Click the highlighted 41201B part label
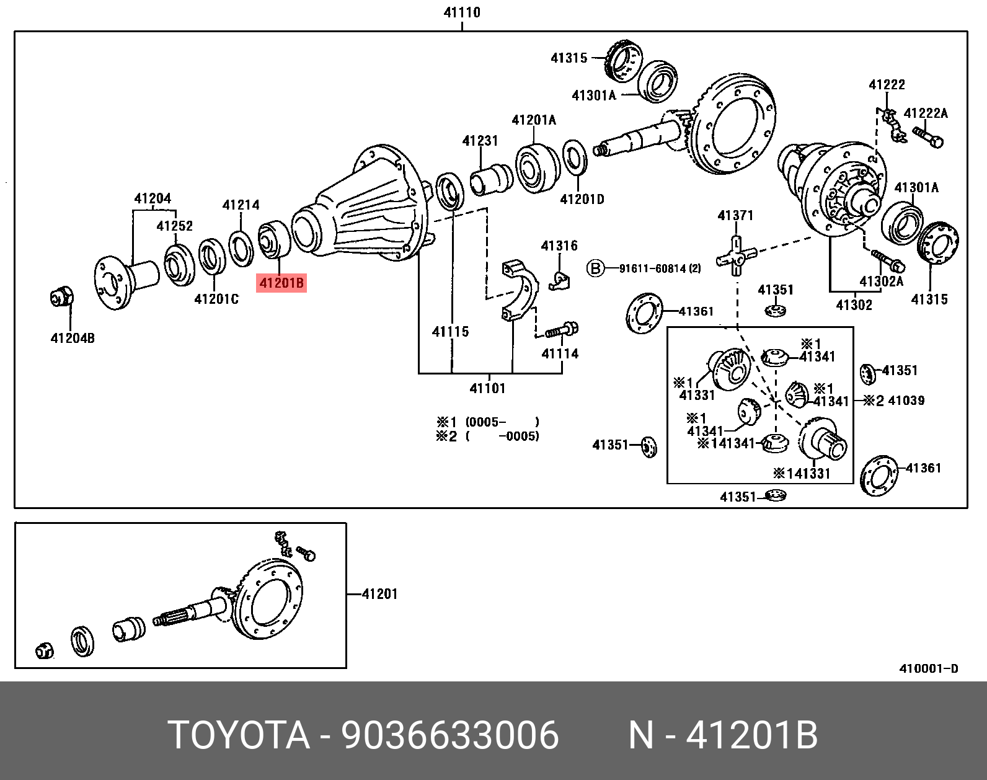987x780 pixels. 281,283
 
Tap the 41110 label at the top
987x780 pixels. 462,12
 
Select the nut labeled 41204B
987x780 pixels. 61,297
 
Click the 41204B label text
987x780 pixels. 73,338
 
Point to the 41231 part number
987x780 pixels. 480,141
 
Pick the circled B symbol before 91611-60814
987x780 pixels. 595,268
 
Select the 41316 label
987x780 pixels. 559,246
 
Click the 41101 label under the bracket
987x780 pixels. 487,388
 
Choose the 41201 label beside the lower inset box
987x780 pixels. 379,594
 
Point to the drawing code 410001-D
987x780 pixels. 928,668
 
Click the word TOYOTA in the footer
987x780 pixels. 239,735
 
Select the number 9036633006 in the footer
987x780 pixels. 450,735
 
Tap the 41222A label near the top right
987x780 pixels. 926,113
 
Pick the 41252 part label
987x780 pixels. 174,226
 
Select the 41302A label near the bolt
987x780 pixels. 881,281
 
